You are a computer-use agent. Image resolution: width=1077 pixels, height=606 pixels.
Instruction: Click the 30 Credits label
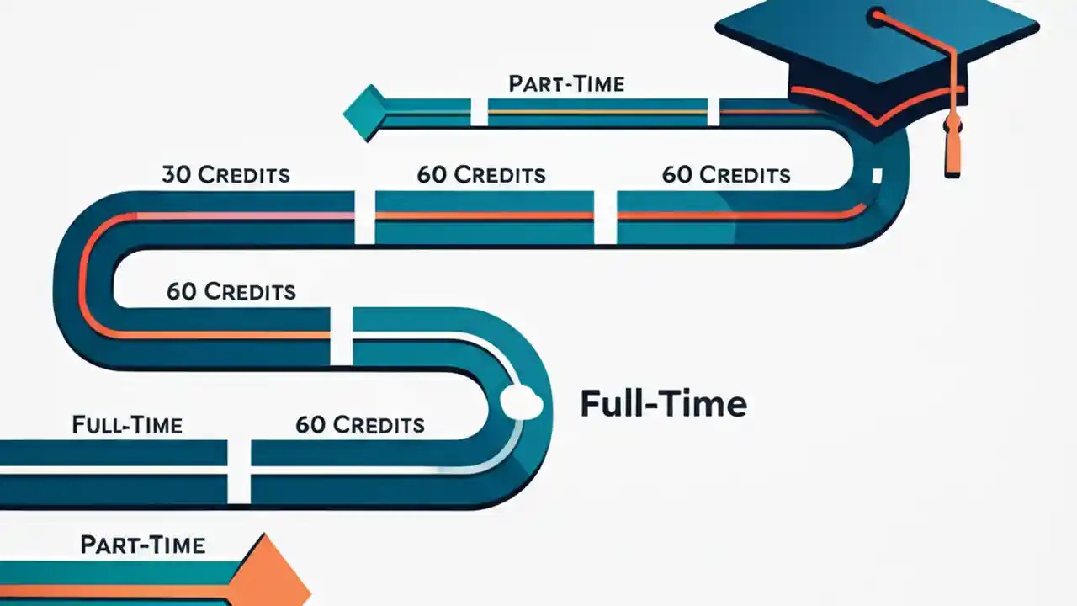[225, 175]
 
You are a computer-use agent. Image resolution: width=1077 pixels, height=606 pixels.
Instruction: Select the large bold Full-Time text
[663, 405]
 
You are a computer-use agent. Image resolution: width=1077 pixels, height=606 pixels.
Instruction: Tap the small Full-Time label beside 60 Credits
[127, 425]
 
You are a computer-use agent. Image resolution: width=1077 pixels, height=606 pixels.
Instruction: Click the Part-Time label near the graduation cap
[566, 84]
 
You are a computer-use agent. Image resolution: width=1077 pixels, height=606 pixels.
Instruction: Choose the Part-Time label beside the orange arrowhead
[142, 545]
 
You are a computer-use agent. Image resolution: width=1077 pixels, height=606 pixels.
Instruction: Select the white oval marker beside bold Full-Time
[521, 403]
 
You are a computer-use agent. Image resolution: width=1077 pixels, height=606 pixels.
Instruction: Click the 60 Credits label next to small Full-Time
[359, 425]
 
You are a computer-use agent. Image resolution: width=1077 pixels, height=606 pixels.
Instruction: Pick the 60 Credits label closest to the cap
[725, 175]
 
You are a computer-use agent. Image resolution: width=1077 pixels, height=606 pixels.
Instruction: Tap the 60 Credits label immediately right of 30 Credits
[480, 175]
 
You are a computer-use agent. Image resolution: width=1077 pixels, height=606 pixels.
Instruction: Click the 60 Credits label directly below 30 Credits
[231, 292]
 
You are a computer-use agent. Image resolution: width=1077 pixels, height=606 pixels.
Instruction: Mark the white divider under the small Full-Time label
[239, 471]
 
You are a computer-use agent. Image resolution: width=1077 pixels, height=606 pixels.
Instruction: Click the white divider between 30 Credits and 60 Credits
[364, 216]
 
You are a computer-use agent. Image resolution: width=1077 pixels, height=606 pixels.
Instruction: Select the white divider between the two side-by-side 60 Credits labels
[605, 216]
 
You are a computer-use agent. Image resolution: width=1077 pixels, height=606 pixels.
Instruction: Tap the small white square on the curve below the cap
[877, 176]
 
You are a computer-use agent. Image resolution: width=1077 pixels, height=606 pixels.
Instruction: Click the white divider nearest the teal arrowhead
[479, 112]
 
